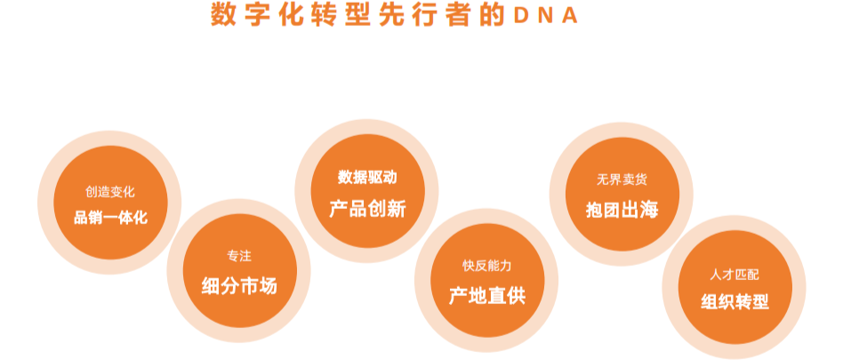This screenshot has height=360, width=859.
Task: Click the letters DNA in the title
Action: click(546, 15)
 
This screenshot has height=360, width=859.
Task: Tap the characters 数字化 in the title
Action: click(258, 15)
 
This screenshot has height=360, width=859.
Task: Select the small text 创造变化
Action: click(110, 192)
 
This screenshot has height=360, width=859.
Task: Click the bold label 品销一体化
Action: click(110, 218)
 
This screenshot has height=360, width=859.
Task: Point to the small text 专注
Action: click(239, 256)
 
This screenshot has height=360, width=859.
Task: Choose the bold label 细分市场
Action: click(239, 286)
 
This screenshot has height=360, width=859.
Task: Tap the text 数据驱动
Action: click(367, 178)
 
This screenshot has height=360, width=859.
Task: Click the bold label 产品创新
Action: click(367, 209)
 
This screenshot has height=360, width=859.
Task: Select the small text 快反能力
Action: click(487, 267)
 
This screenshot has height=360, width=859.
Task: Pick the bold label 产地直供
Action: click(487, 296)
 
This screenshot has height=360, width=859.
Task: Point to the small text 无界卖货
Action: click(622, 180)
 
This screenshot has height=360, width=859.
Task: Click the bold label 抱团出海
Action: click(622, 210)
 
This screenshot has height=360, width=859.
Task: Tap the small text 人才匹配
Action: click(735, 275)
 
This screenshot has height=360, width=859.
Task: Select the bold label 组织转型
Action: click(735, 302)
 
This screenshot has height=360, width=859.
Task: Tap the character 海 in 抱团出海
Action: click(649, 210)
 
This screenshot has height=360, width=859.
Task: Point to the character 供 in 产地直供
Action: click(516, 296)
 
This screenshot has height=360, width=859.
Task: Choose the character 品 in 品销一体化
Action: click(81, 218)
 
